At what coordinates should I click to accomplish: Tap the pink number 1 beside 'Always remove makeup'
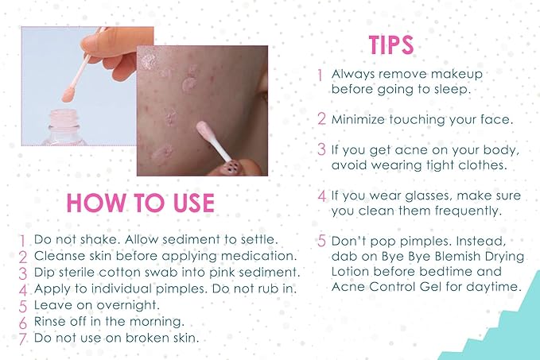(x=320, y=75)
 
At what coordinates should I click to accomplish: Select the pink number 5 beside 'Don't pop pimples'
(x=321, y=241)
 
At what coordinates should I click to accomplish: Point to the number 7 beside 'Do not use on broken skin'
(x=24, y=337)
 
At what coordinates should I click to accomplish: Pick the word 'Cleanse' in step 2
(x=56, y=256)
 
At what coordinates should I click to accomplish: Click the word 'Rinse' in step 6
(x=49, y=321)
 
